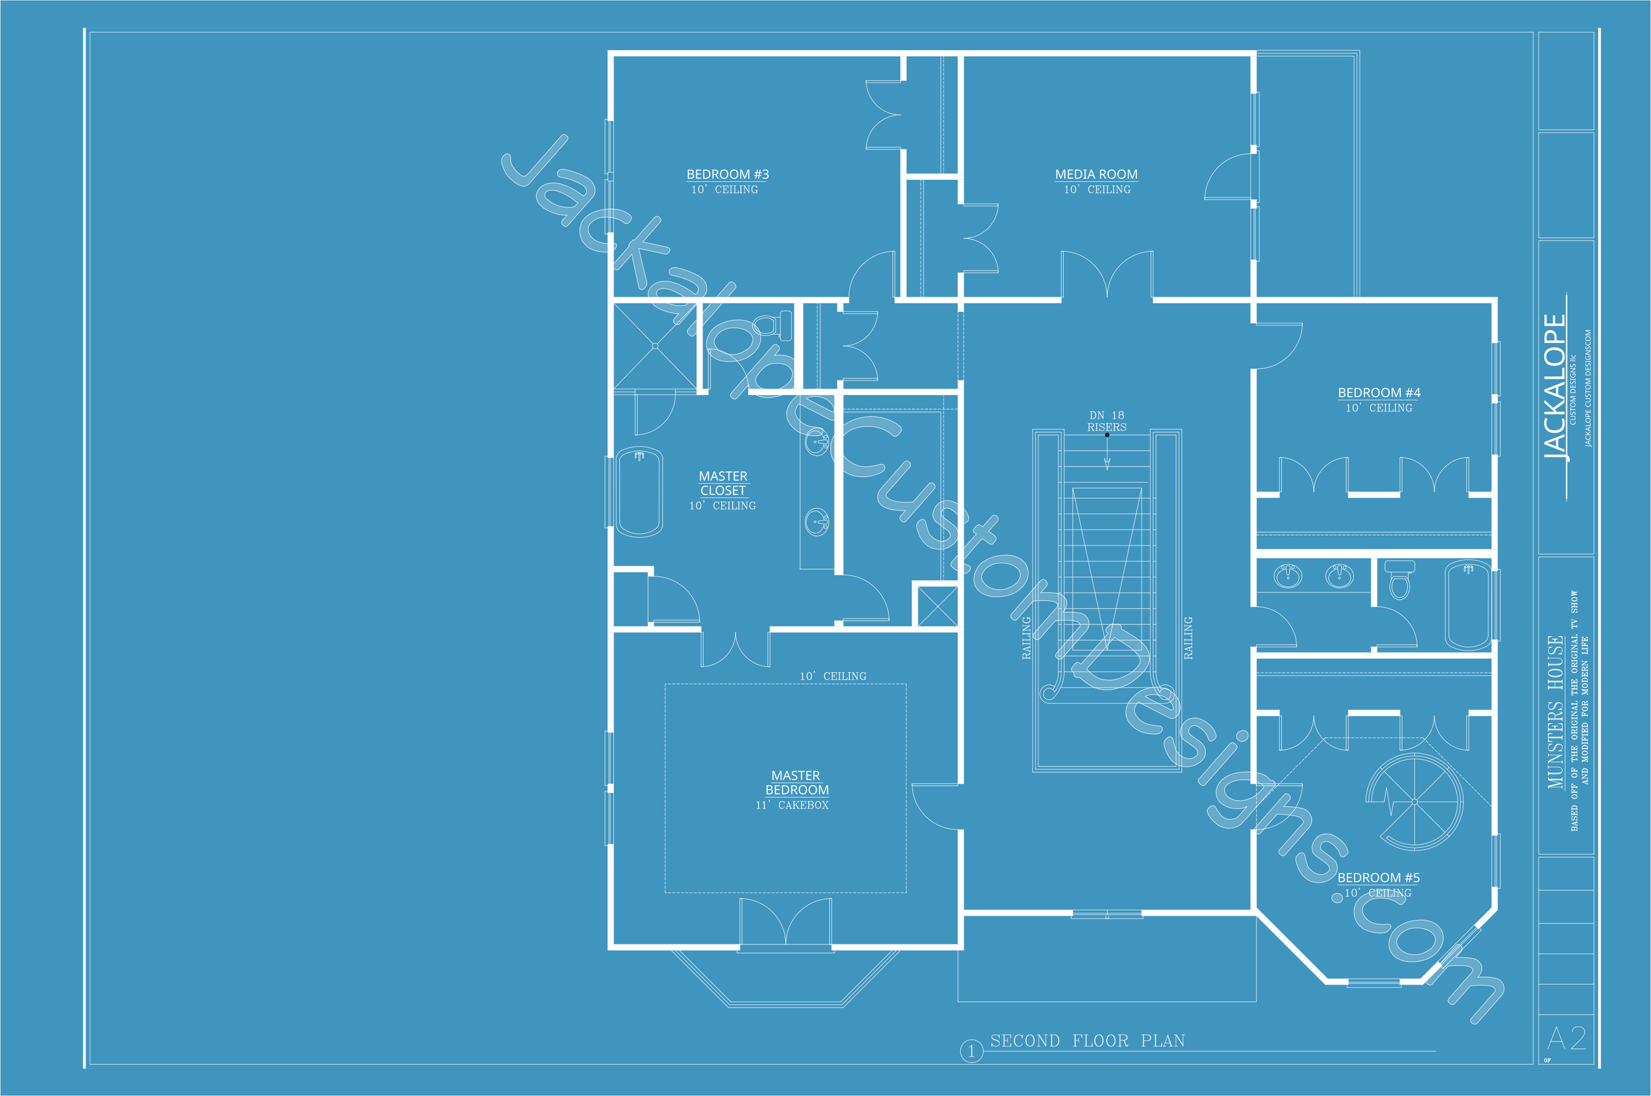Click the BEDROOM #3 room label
727,174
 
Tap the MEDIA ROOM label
1096,174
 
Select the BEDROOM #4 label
1378,393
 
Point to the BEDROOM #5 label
1378,877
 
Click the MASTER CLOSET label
723,483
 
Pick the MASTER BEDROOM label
796,782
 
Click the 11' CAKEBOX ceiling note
792,805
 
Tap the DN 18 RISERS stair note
1107,421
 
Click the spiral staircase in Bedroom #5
1414,801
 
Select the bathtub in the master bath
639,492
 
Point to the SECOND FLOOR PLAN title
1087,1041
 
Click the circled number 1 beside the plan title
971,1051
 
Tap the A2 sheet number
1566,1039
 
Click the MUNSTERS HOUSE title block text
1555,712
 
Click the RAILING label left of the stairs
1026,638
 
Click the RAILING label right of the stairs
1189,638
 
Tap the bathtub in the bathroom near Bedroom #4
1468,605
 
